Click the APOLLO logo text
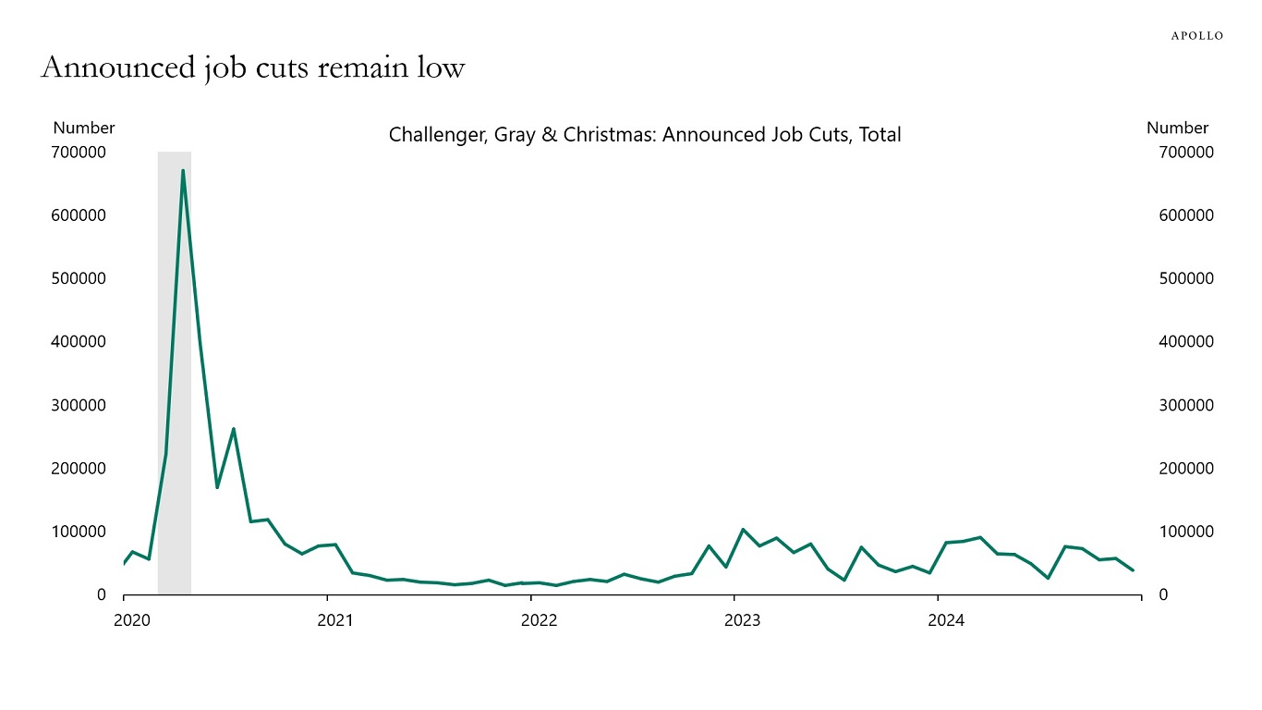pyautogui.click(x=1197, y=36)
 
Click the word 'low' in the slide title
pyautogui.click(x=442, y=67)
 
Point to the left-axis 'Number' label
pyautogui.click(x=84, y=129)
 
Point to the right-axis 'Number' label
pyautogui.click(x=1177, y=129)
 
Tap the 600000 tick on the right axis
pyautogui.click(x=1185, y=215)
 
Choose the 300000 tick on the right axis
pyautogui.click(x=1185, y=405)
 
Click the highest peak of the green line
pyautogui.click(x=183, y=171)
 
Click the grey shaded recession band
pyautogui.click(x=175, y=370)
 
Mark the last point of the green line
pyautogui.click(x=1134, y=570)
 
